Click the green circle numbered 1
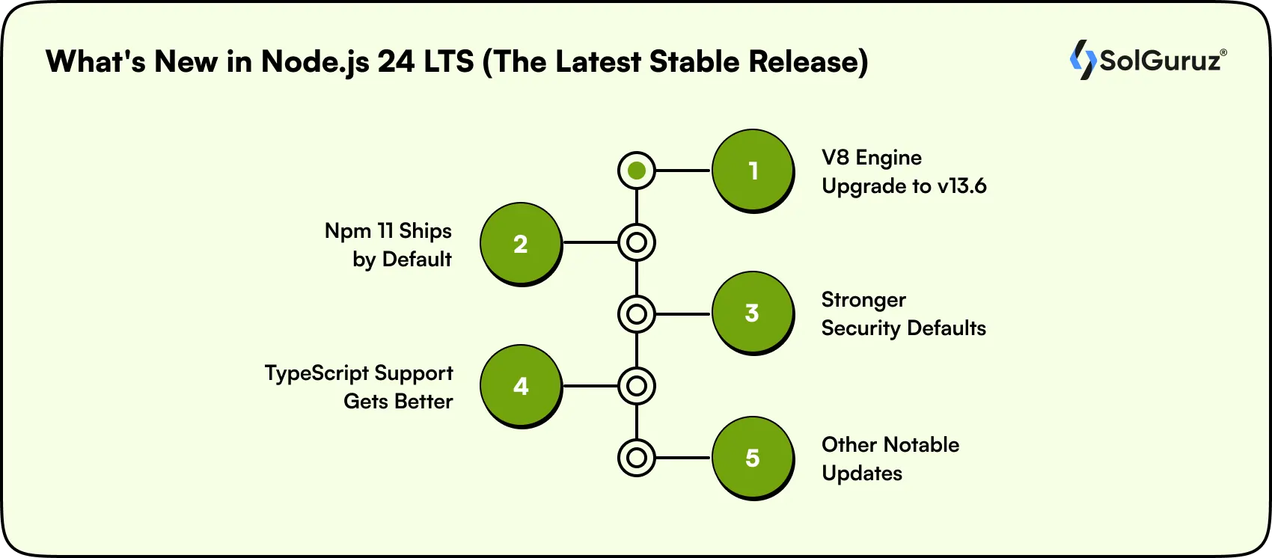click(x=752, y=171)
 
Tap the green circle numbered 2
click(x=520, y=243)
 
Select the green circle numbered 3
click(x=752, y=313)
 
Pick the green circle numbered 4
click(x=520, y=385)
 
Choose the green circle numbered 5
click(x=752, y=457)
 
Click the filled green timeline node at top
click(x=637, y=171)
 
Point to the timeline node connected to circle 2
click(x=637, y=242)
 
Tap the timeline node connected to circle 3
click(x=637, y=314)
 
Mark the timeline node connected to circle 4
click(x=637, y=386)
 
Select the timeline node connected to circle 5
click(x=637, y=458)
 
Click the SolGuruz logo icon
click(x=1082, y=60)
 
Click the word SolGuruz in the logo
click(x=1160, y=61)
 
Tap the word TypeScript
click(x=317, y=373)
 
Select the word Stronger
click(x=863, y=300)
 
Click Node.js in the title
click(x=315, y=61)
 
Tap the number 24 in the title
click(x=396, y=61)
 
